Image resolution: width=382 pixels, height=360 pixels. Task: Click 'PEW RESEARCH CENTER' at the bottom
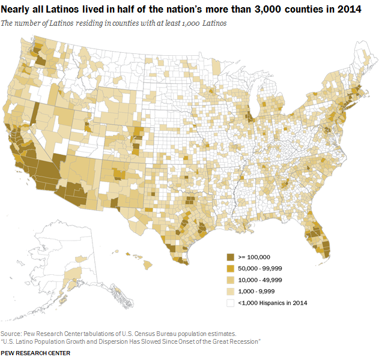coord(35,353)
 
